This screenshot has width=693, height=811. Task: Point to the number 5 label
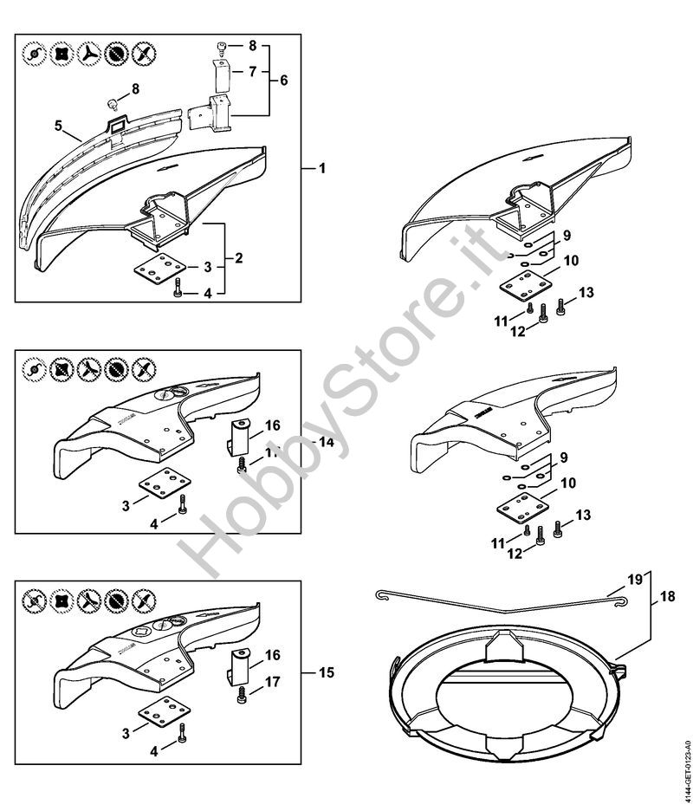point(59,126)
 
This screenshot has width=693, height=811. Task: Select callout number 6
point(283,80)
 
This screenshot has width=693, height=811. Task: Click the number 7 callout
point(252,71)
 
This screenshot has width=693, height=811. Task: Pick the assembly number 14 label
point(327,441)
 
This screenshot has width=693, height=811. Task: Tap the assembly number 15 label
point(327,672)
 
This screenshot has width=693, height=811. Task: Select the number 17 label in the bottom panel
point(272,682)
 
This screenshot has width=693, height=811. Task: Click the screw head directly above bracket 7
point(221,45)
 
